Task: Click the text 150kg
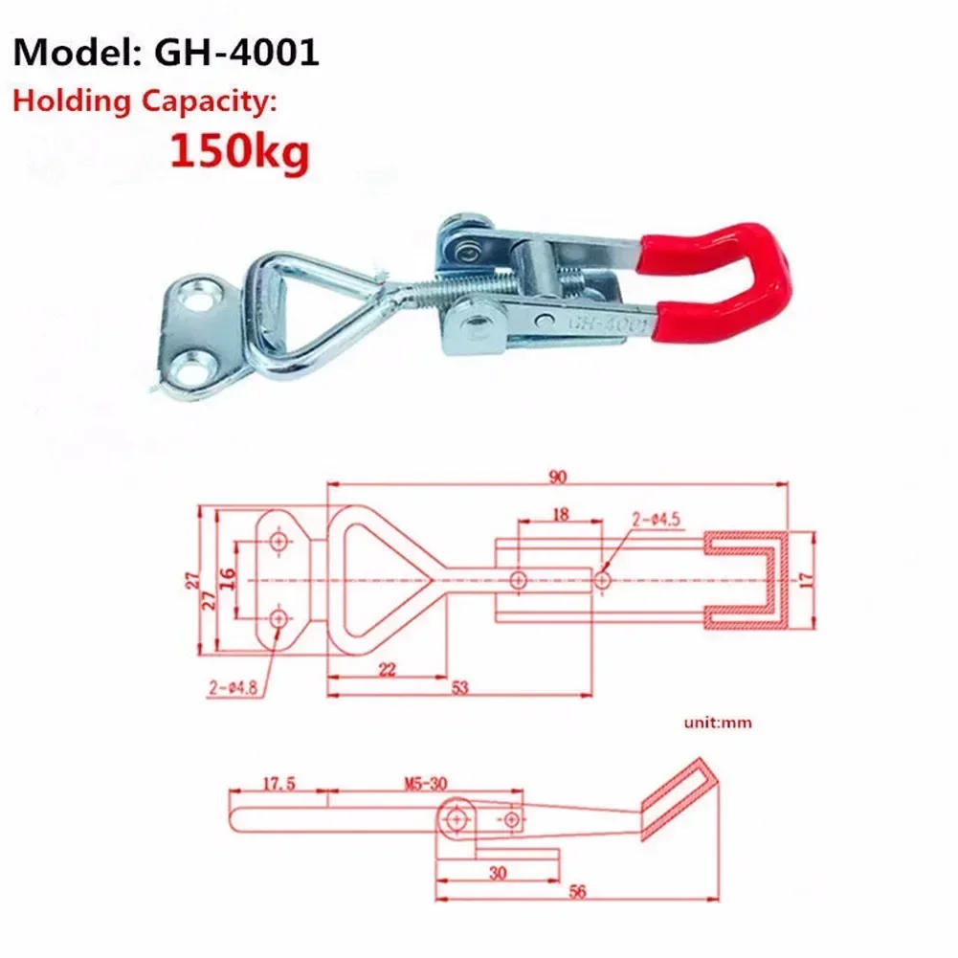coord(239,150)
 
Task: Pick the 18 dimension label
coord(561,514)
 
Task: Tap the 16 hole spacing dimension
coord(227,579)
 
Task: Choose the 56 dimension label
coord(576,891)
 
